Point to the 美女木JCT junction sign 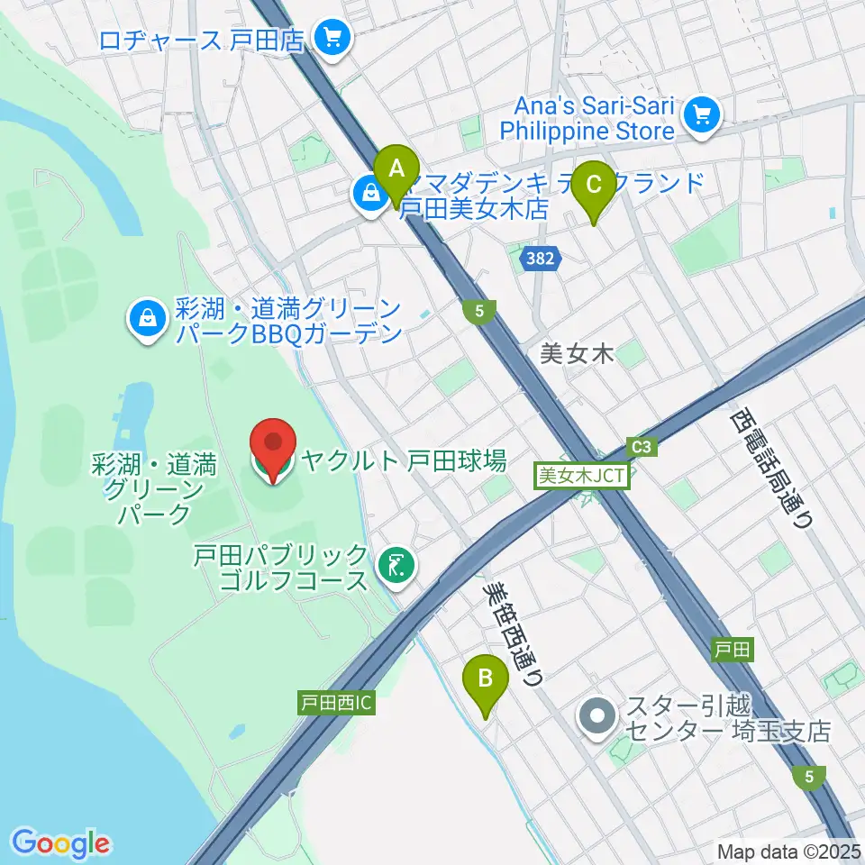tap(582, 475)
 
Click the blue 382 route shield tap(541, 259)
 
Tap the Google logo tap(60, 842)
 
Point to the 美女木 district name tap(577, 354)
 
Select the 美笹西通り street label tap(513, 633)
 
